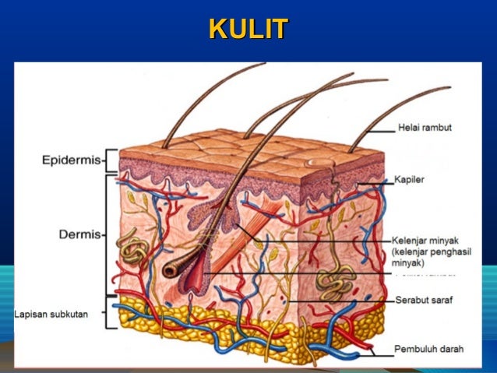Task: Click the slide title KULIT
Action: click(248, 30)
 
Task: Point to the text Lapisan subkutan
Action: click(51, 314)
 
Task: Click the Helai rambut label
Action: click(425, 128)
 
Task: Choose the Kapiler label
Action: click(410, 179)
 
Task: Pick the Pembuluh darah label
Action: click(429, 350)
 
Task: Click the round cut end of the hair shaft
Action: click(170, 270)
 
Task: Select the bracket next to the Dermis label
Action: click(108, 234)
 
